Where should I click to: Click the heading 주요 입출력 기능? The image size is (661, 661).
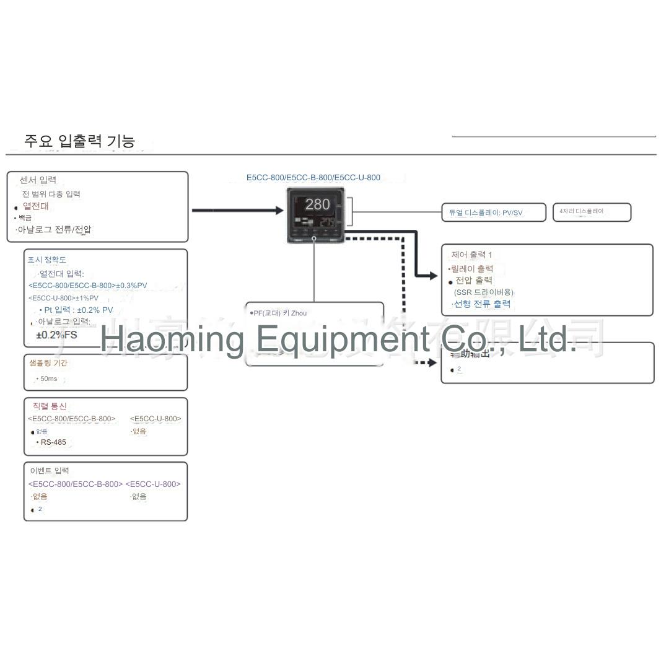tap(79, 141)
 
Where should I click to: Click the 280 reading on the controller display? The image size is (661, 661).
tap(317, 204)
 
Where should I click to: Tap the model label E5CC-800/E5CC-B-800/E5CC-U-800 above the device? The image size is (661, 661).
tap(313, 178)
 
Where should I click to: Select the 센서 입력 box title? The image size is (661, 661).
tap(38, 180)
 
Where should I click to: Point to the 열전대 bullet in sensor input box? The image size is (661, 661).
tap(35, 206)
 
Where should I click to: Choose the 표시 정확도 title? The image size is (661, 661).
tap(46, 260)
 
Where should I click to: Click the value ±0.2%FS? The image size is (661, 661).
tap(56, 335)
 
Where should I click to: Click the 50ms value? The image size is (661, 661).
tap(48, 379)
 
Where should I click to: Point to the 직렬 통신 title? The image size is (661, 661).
tap(49, 406)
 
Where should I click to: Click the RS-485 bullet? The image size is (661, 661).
tap(53, 442)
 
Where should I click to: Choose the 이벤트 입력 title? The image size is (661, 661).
tap(50, 471)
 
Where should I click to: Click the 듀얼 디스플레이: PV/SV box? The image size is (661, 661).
tap(493, 212)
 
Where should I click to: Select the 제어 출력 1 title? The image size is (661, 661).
tap(471, 255)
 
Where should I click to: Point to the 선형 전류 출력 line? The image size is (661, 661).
tap(482, 304)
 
